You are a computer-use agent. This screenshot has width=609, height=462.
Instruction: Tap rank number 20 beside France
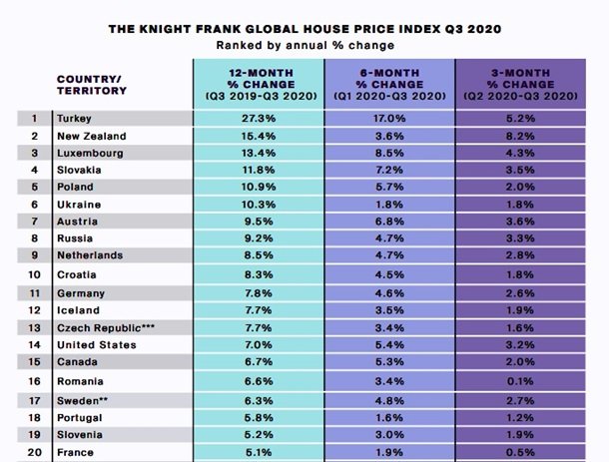tap(34, 452)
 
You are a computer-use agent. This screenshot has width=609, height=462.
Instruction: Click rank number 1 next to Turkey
tap(34, 117)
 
